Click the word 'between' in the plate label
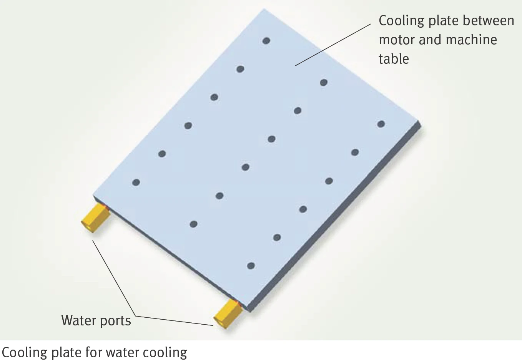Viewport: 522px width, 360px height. click(488, 20)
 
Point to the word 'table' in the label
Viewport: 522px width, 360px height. click(394, 59)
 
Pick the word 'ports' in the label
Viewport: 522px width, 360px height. click(115, 322)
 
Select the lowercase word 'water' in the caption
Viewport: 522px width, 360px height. click(123, 353)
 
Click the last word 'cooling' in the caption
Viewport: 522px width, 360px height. click(165, 353)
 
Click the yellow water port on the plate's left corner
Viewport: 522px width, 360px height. click(96, 217)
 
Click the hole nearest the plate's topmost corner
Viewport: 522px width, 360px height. click(266, 41)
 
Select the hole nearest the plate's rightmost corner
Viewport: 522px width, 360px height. click(381, 124)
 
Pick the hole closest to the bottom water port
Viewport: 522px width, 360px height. click(251, 266)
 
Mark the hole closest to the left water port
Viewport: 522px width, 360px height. click(136, 182)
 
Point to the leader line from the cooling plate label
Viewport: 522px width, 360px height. click(333, 45)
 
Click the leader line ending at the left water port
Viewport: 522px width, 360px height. click(114, 278)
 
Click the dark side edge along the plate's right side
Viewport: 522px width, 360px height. click(336, 217)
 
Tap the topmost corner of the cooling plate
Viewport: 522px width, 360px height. click(264, 9)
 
